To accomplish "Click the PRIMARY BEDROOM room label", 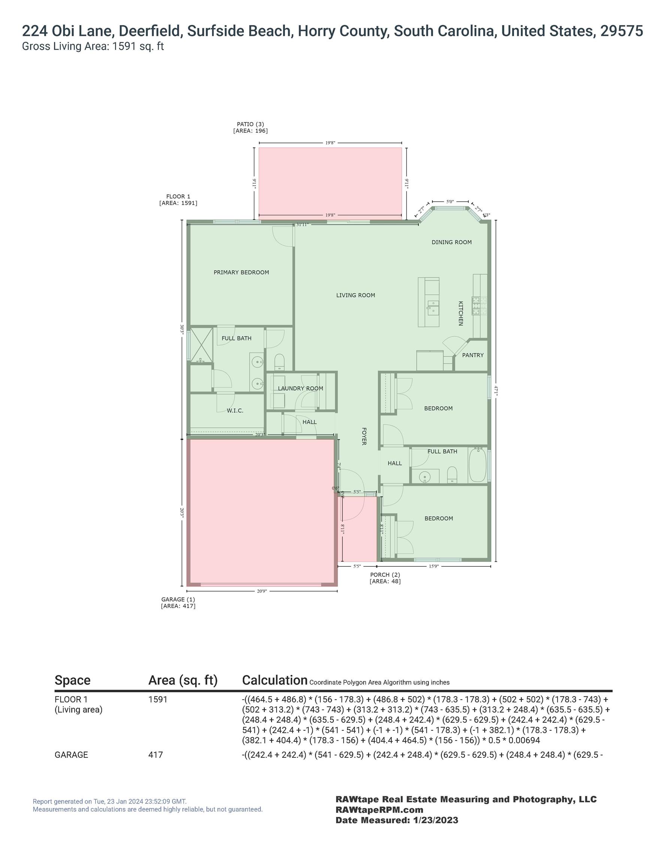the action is tap(241, 272).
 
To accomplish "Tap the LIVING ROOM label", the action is tap(356, 295).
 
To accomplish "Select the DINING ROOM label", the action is tap(452, 242).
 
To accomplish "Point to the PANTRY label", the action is tap(473, 355).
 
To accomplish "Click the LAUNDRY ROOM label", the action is tap(301, 388).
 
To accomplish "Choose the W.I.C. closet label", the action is tap(235, 411).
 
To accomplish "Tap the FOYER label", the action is tap(364, 436).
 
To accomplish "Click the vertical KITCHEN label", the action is tap(461, 314).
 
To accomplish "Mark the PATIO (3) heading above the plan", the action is tap(250, 124).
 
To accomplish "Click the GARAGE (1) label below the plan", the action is tap(178, 599).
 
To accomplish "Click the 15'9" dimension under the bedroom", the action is tap(434, 566).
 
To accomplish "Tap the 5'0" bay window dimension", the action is tap(450, 202).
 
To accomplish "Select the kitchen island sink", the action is tap(433, 307).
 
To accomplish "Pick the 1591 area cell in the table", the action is tap(158, 699).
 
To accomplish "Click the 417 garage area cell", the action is tap(156, 755).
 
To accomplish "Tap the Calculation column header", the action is tap(275, 680).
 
